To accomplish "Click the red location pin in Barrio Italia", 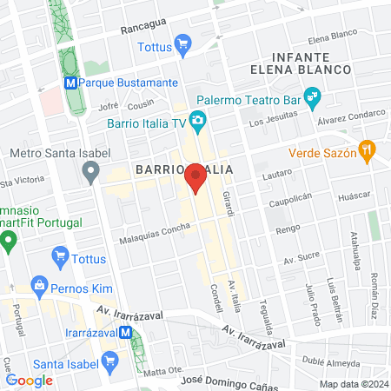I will (x=196, y=176).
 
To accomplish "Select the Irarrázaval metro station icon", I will (x=127, y=331).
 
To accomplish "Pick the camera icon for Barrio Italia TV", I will (x=198, y=119).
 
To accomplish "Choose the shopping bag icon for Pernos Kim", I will (x=39, y=284).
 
